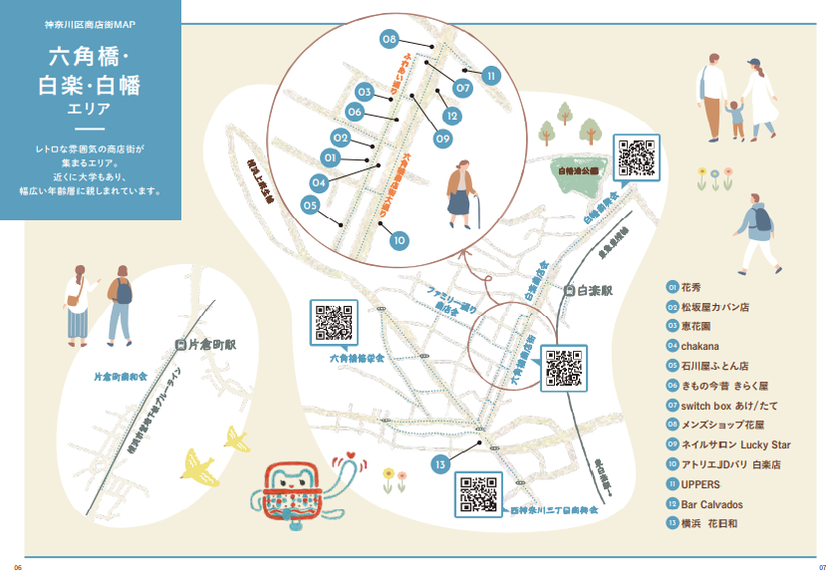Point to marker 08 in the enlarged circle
pos(390,39)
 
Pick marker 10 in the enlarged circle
pos(399,240)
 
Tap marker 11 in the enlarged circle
pos(490,75)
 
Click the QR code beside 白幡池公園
pos(636,158)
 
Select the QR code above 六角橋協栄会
pos(333,322)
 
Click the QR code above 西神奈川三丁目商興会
pos(478,493)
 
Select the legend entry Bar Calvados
pos(711,504)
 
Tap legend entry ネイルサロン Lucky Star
pos(735,445)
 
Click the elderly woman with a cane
pos(461,193)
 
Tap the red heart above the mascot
pos(349,460)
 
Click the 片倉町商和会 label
pos(121,378)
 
